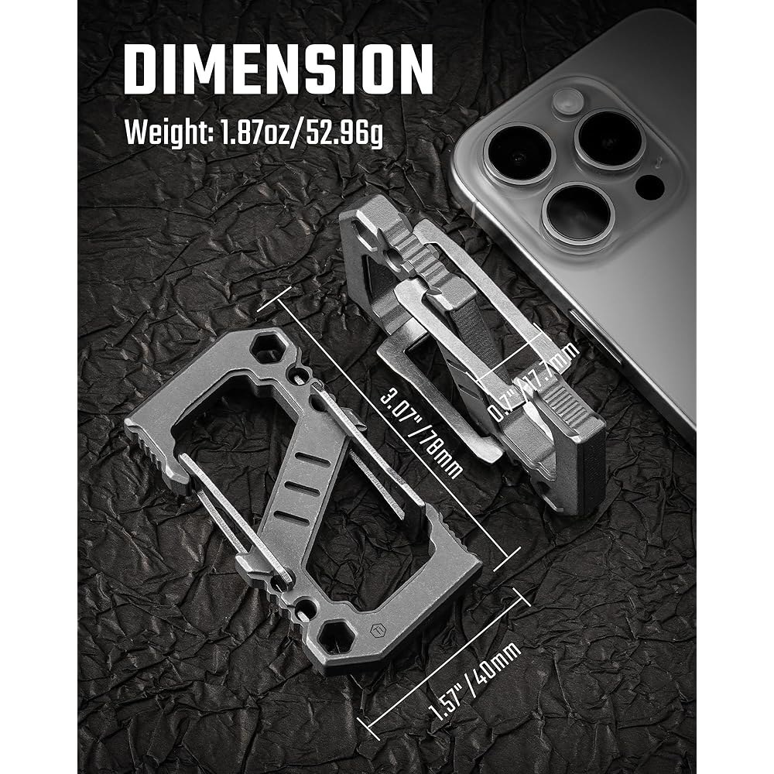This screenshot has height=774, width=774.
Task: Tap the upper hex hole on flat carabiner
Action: (x=265, y=348)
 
